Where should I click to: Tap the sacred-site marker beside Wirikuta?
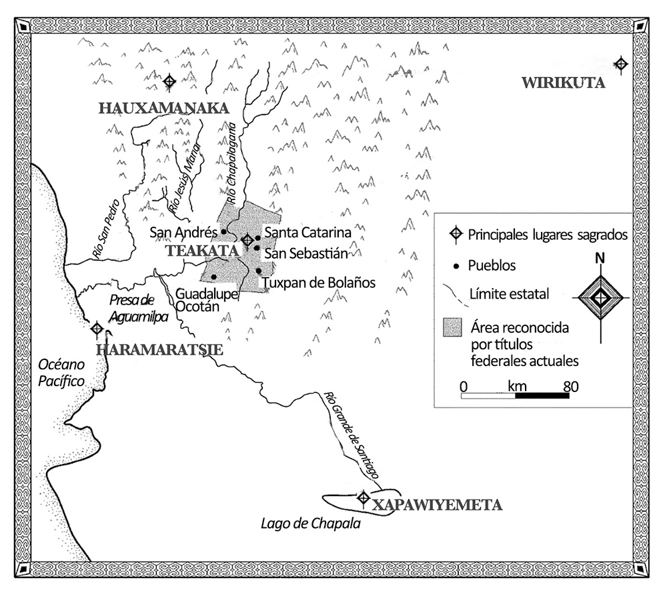(x=621, y=64)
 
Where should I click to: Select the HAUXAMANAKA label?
(x=163, y=109)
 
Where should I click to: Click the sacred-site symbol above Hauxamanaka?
(x=170, y=81)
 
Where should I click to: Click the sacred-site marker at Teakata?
(x=247, y=239)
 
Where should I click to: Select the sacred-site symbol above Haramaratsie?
(x=97, y=329)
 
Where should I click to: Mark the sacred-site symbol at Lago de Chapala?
(x=364, y=497)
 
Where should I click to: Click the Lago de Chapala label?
(x=310, y=524)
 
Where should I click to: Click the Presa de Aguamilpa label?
(x=138, y=309)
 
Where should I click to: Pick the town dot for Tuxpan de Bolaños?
(x=258, y=271)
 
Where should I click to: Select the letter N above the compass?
(x=601, y=259)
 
